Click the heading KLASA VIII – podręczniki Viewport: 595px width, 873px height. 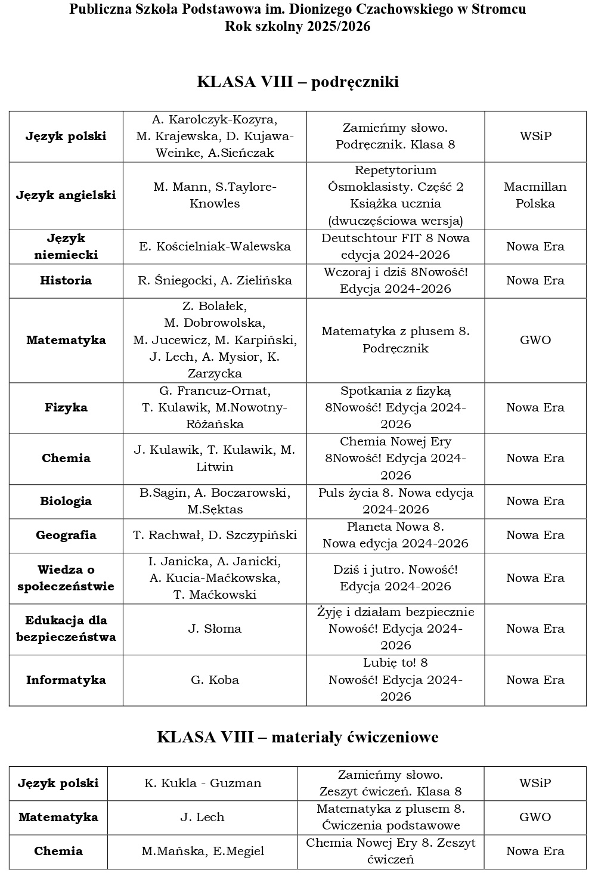point(297,82)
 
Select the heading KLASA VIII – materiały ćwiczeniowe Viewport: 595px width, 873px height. point(297,737)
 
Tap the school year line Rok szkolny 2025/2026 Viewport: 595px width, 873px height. point(297,26)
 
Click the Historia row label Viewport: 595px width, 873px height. point(66,280)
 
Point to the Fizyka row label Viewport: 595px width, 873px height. point(66,407)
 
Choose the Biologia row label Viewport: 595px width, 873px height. point(66,501)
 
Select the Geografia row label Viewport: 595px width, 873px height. point(66,535)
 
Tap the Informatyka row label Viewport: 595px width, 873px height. point(66,680)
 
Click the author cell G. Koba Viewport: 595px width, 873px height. point(215,680)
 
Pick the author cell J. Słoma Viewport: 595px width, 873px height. point(215,629)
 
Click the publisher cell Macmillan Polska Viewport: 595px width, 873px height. point(535,195)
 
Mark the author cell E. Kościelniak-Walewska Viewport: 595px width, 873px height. point(215,246)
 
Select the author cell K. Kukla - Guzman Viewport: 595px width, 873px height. point(203,783)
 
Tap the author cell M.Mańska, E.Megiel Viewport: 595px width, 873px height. point(203,851)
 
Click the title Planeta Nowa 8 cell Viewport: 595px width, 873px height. point(395,535)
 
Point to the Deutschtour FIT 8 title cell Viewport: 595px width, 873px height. point(395,246)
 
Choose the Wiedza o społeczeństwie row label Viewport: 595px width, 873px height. point(66,578)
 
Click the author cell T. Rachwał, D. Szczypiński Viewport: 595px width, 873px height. point(215,535)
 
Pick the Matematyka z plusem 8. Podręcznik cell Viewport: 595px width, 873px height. point(395,340)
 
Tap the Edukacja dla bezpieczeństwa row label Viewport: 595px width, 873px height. point(66,629)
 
